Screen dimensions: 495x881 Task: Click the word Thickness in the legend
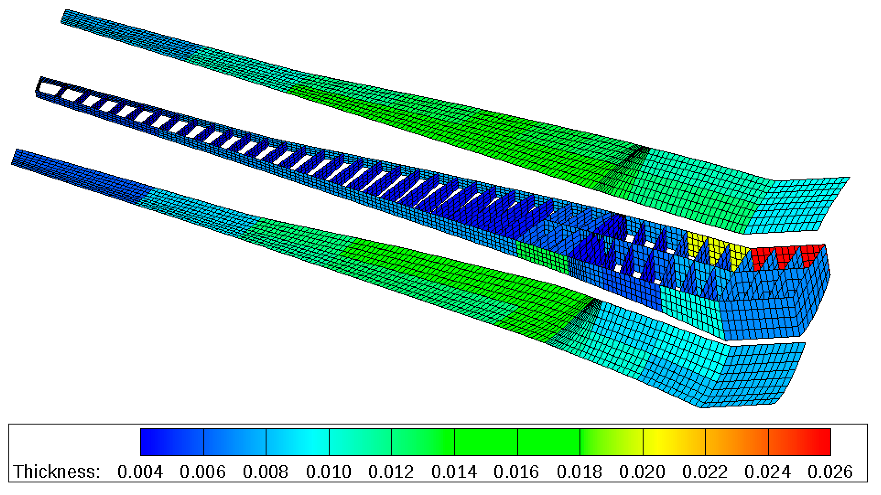(57, 472)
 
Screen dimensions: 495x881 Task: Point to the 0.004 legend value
(140, 472)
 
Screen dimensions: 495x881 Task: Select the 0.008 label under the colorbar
(266, 472)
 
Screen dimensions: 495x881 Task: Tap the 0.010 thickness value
(329, 472)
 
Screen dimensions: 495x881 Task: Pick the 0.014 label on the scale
(454, 472)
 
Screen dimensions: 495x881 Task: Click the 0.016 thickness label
(516, 472)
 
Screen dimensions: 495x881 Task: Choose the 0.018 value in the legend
(579, 472)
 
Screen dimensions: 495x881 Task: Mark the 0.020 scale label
(642, 472)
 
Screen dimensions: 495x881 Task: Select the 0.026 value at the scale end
(830, 472)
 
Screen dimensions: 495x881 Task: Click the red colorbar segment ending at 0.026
(800, 442)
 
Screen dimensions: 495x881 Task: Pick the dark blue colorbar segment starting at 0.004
(172, 442)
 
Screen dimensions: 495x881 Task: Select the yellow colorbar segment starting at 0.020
(674, 442)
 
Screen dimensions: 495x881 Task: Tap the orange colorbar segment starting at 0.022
(737, 442)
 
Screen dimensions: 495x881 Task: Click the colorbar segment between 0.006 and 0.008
(235, 442)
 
